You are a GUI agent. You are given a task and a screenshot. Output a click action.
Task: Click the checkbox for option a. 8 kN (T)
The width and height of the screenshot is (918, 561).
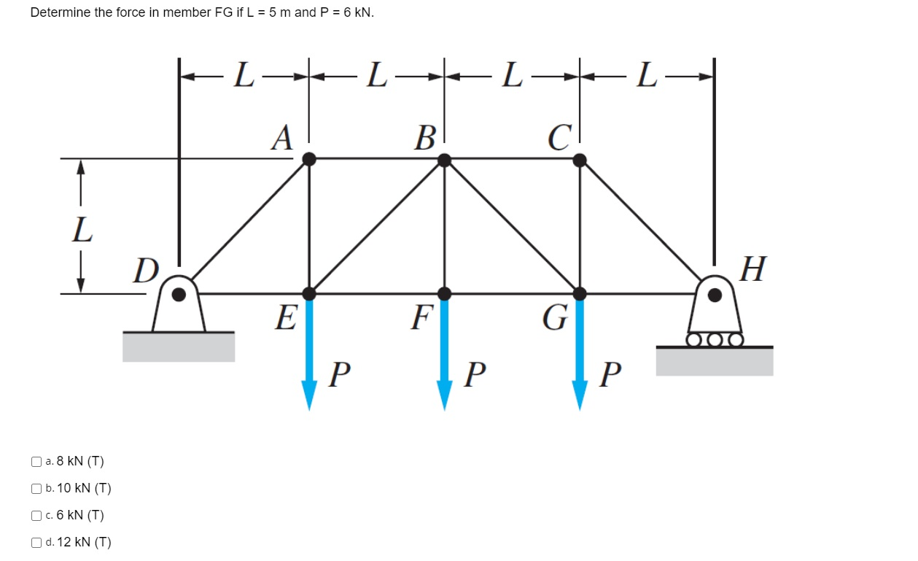pyautogui.click(x=36, y=462)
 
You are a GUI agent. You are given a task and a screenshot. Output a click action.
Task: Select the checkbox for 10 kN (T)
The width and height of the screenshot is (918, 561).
pyautogui.click(x=36, y=489)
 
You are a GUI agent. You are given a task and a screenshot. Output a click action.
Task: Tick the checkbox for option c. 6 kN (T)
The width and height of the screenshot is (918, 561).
pyautogui.click(x=36, y=516)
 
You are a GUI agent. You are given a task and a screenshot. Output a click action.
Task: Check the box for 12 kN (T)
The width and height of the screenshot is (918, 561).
pyautogui.click(x=36, y=543)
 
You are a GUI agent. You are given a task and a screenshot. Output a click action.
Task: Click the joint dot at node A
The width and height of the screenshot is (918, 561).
pyautogui.click(x=309, y=158)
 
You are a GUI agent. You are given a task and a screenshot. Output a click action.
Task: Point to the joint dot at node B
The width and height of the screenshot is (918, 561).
pyautogui.click(x=444, y=158)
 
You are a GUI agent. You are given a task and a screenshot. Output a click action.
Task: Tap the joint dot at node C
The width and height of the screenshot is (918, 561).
pyautogui.click(x=580, y=158)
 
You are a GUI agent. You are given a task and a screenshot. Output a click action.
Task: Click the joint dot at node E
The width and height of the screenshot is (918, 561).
pyautogui.click(x=309, y=293)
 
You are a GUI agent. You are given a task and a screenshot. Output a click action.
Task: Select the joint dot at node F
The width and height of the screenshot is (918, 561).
pyautogui.click(x=444, y=293)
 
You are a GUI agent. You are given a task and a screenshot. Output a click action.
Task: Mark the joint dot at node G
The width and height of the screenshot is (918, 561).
pyautogui.click(x=580, y=293)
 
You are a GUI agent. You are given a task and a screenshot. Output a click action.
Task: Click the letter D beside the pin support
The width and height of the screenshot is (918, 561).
pyautogui.click(x=146, y=271)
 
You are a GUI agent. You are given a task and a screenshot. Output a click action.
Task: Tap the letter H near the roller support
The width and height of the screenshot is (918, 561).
pyautogui.click(x=752, y=269)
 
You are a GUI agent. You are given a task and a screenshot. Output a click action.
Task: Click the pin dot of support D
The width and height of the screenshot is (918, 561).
pyautogui.click(x=178, y=294)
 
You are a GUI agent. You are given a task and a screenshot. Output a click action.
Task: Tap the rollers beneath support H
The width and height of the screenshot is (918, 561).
pyautogui.click(x=715, y=339)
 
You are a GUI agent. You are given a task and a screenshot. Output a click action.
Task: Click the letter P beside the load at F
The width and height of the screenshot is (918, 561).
pyautogui.click(x=475, y=375)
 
